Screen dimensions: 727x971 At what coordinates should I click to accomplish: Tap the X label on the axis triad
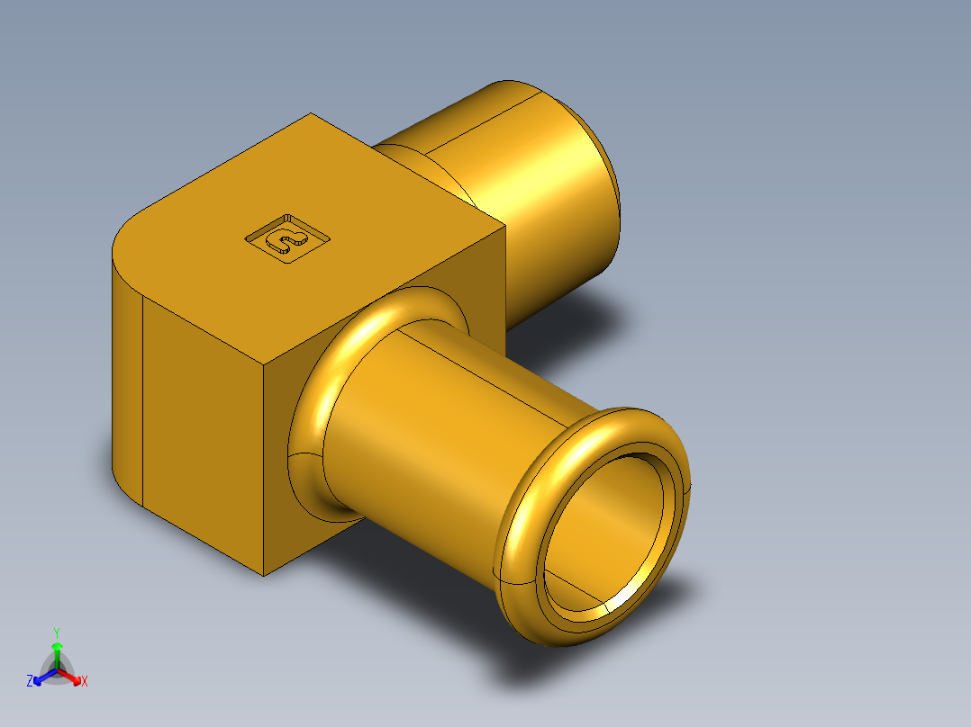click(x=85, y=682)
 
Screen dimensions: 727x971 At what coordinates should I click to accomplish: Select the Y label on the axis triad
click(x=56, y=633)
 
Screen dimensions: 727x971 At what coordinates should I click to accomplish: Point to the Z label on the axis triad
click(x=30, y=681)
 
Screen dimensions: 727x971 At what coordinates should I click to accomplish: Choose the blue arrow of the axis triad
click(x=41, y=677)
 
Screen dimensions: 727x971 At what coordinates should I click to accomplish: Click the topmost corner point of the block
click(x=311, y=113)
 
